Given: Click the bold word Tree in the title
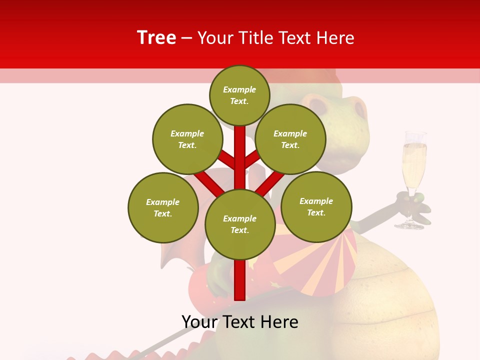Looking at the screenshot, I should [x=156, y=37].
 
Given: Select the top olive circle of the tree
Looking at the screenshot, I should [x=239, y=95].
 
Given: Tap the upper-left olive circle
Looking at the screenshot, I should [x=187, y=139].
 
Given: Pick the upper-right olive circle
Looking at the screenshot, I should [x=290, y=139].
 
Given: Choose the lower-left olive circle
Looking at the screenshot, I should [x=163, y=207].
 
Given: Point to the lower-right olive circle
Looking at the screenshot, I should [x=316, y=206].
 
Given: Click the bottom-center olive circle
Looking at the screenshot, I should [x=239, y=224].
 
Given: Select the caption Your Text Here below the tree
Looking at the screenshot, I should [x=239, y=322].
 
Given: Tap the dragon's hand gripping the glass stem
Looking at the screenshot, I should [x=412, y=203].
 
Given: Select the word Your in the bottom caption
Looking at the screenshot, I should [x=199, y=322].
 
